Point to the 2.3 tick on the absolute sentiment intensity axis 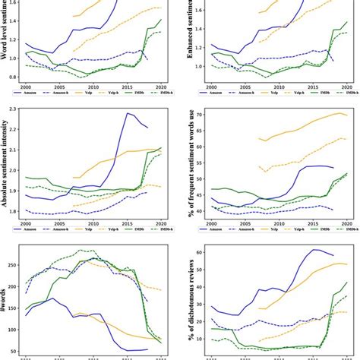click(x=16, y=109)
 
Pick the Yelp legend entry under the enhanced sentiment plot click(x=266, y=96)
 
